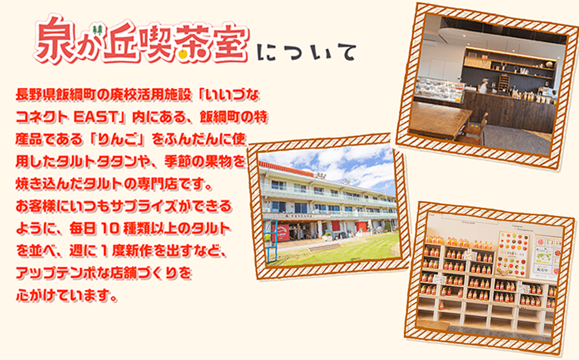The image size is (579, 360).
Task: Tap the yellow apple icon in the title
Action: [x=183, y=54]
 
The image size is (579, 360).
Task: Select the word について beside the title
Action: [x=306, y=52]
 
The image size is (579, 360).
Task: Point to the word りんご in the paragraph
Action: [x=118, y=140]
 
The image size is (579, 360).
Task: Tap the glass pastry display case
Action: [x=439, y=89]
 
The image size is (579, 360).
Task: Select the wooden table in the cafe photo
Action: [x=438, y=119]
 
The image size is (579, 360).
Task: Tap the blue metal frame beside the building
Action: [x=270, y=240]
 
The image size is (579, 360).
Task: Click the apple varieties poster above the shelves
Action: [x=513, y=253]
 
